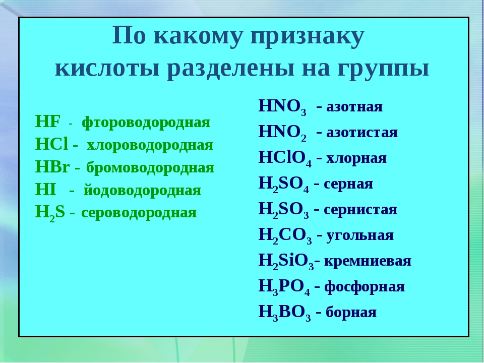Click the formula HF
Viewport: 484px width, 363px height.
pyautogui.click(x=47, y=122)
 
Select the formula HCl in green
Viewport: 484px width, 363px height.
pyautogui.click(x=51, y=144)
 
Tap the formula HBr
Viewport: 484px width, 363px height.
pyautogui.click(x=52, y=167)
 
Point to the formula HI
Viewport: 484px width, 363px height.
pyautogui.click(x=46, y=189)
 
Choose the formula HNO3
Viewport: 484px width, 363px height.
pyautogui.click(x=282, y=107)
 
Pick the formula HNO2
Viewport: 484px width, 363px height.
pyautogui.click(x=282, y=133)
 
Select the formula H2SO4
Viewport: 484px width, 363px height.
pyautogui.click(x=284, y=185)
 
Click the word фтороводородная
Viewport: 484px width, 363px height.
pyautogui.click(x=146, y=123)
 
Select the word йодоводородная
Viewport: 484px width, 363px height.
pyautogui.click(x=142, y=190)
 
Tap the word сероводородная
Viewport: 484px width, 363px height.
pyautogui.click(x=139, y=213)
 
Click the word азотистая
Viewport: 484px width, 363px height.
pyautogui.click(x=362, y=133)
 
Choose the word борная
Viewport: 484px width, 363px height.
pyautogui.click(x=351, y=312)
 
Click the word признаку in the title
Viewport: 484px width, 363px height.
pyautogui.click(x=308, y=37)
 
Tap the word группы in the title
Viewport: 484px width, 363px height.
pyautogui.click(x=383, y=69)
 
